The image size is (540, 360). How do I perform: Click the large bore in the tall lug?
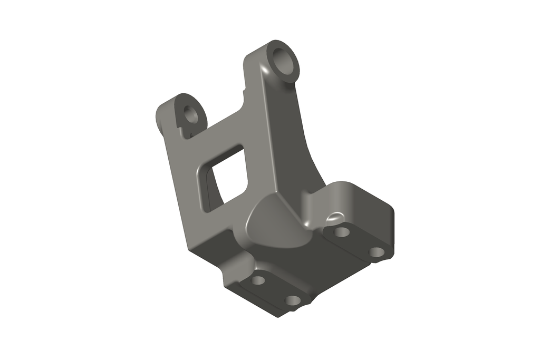click(x=284, y=61)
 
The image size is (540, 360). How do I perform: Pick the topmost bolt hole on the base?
click(x=342, y=231)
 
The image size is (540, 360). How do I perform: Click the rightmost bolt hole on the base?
click(x=376, y=252)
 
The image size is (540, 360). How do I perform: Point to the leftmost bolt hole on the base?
click(x=258, y=280)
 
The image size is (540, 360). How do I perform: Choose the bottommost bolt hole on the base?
click(x=292, y=300)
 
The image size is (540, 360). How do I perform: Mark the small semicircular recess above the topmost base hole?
click(x=334, y=216)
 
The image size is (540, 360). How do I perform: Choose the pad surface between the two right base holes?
click(x=359, y=242)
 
